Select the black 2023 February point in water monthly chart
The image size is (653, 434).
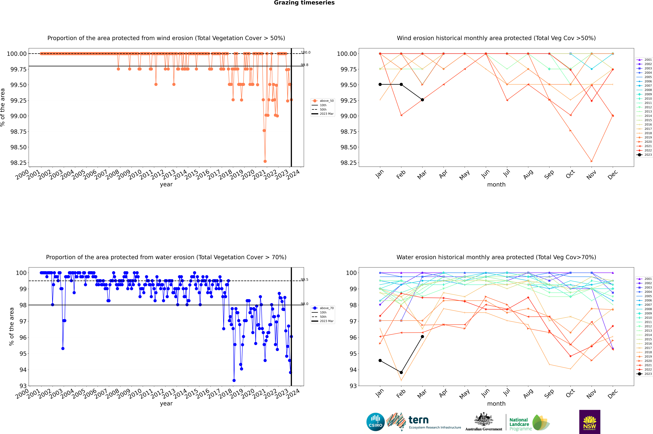point(401,373)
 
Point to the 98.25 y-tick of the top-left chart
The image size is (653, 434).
point(19,163)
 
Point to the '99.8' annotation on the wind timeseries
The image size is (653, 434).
point(305,65)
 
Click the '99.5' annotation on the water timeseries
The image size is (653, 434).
point(305,280)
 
